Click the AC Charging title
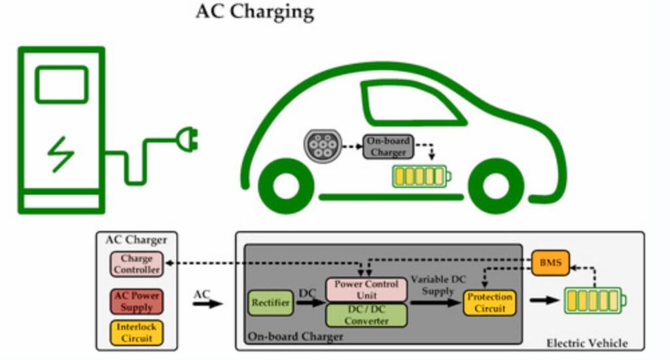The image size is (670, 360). tap(255, 12)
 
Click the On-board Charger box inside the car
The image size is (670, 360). tap(388, 147)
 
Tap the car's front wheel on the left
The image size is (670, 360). tap(284, 187)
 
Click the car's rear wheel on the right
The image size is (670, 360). tap(492, 187)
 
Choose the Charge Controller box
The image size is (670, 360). tap(136, 264)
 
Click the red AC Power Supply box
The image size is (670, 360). tap(136, 301)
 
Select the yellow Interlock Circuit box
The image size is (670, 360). tap(136, 333)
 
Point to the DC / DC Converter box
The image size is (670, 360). tap(366, 315)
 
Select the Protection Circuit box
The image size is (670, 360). tap(489, 302)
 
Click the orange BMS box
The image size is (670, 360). tap(550, 263)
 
